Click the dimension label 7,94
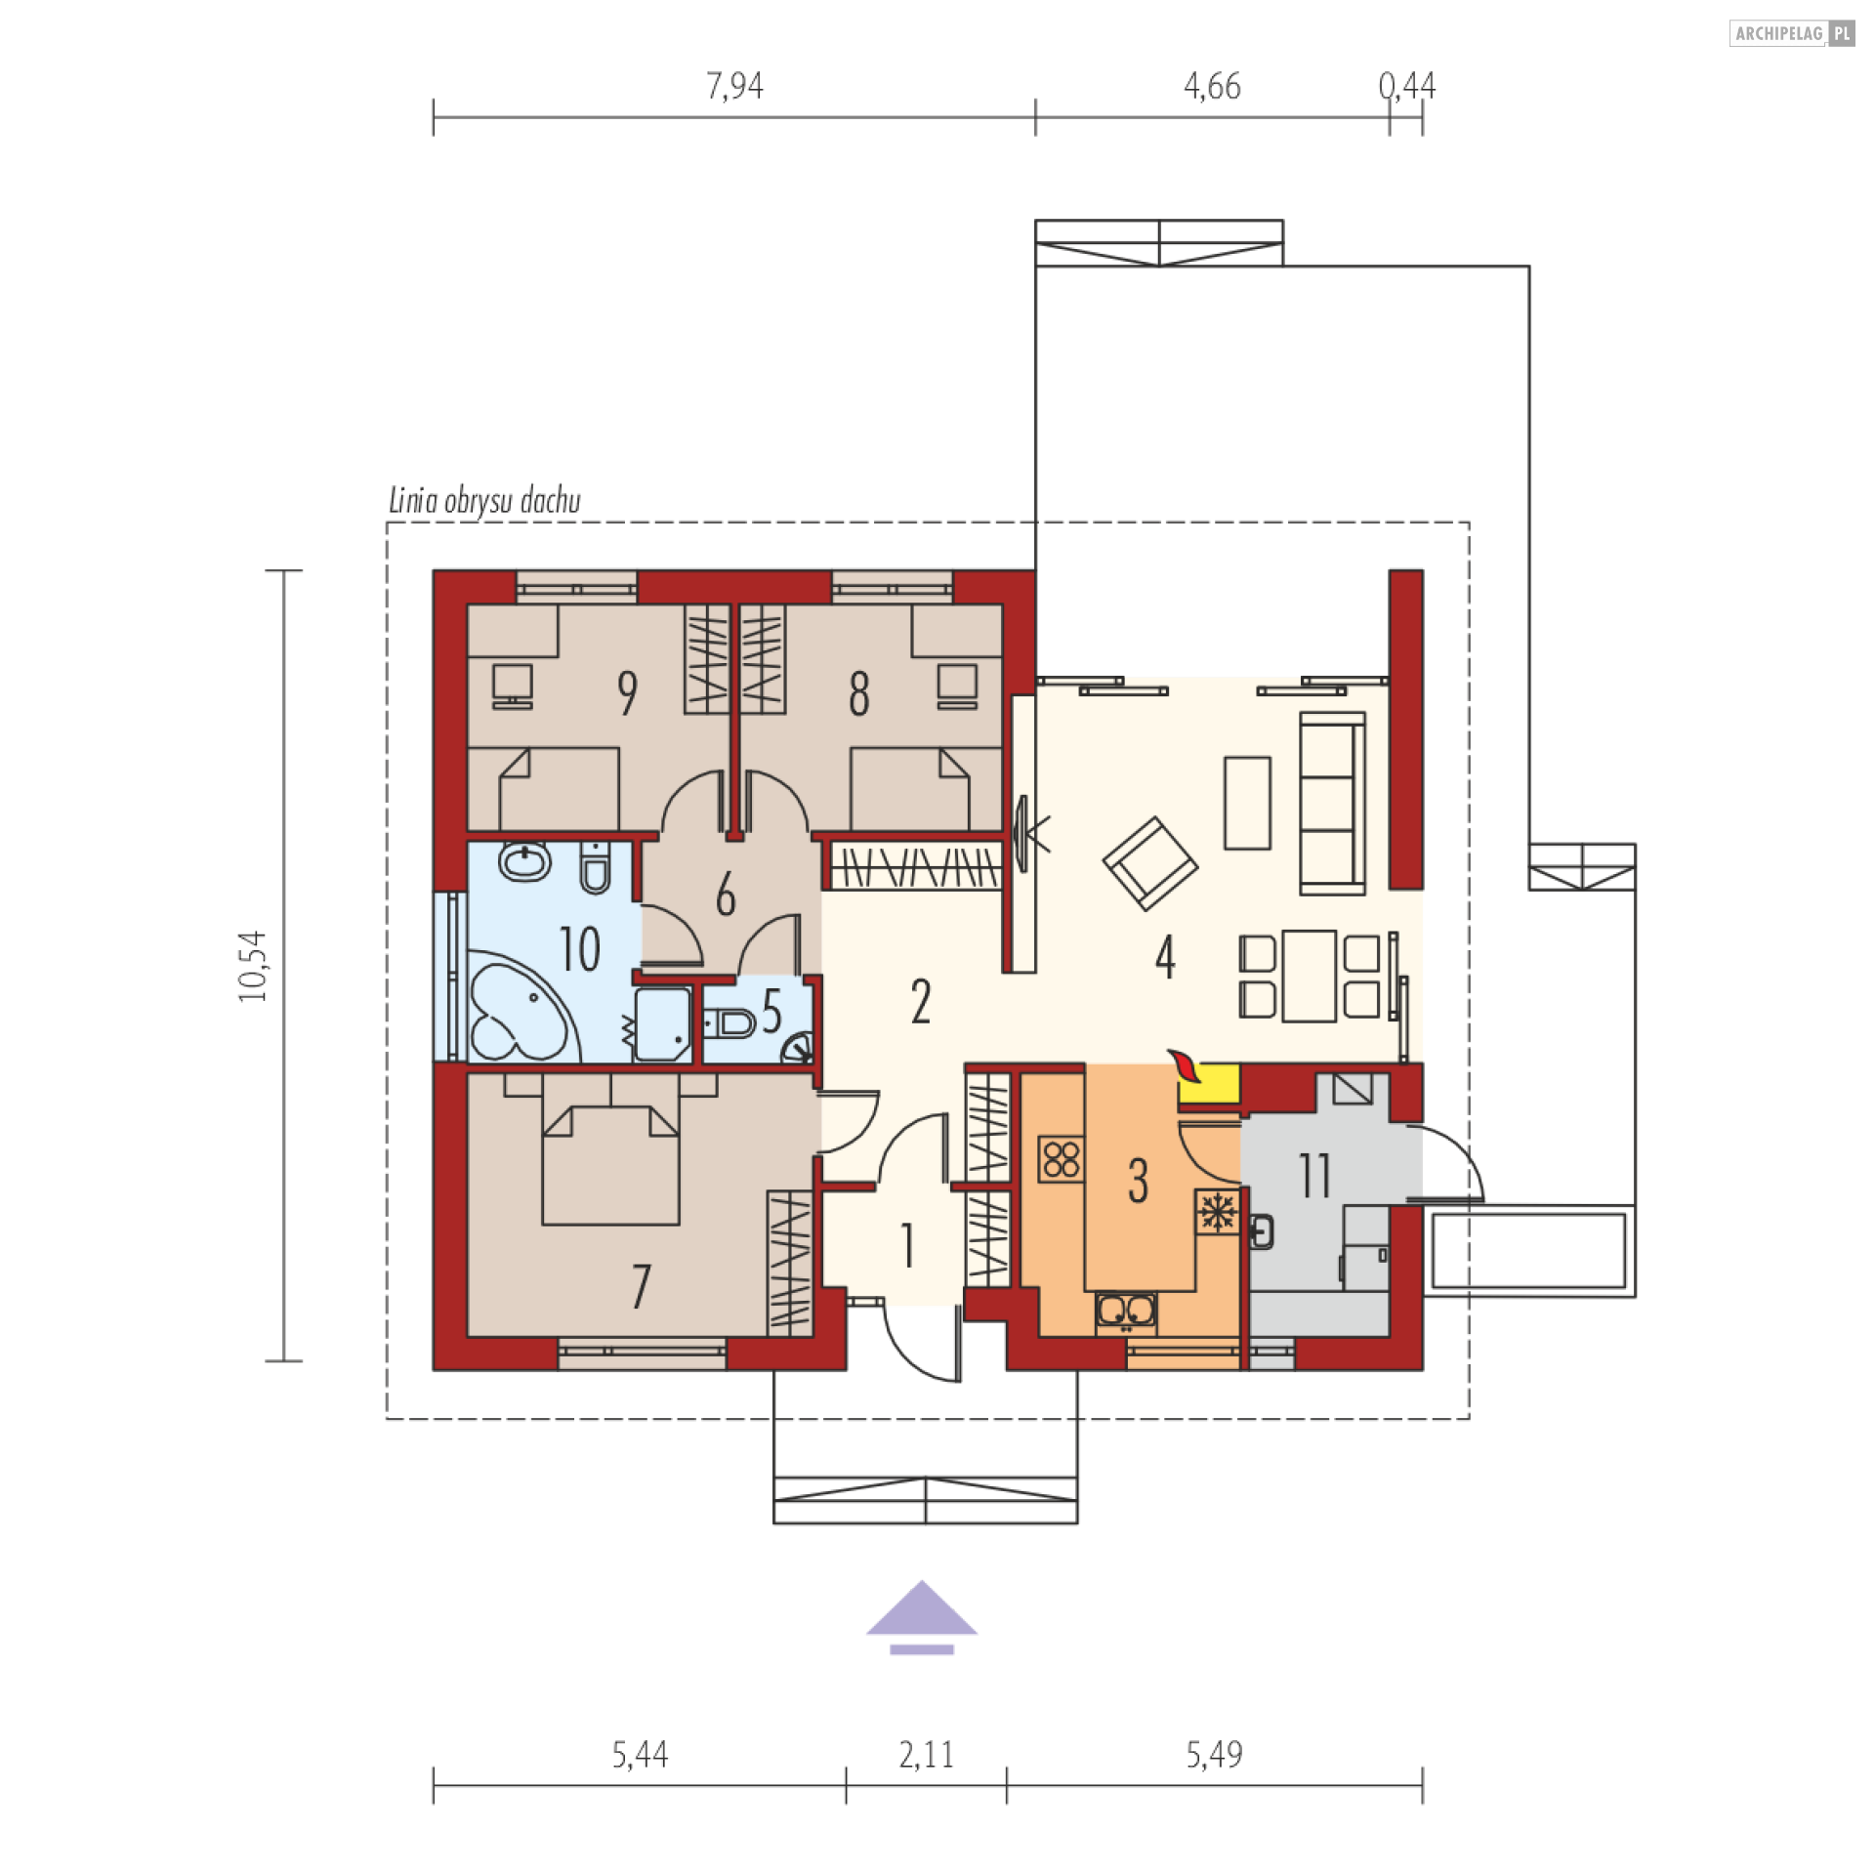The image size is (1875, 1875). tap(734, 86)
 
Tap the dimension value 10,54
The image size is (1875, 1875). tap(252, 966)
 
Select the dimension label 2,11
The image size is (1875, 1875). tap(926, 1755)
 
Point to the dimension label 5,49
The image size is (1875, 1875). tap(1214, 1755)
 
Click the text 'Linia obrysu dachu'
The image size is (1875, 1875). tap(484, 500)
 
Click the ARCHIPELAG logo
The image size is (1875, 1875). tap(1792, 33)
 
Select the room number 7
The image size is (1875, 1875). tap(641, 1286)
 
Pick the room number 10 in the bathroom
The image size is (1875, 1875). tap(579, 948)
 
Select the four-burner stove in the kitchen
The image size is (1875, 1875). tap(1061, 1159)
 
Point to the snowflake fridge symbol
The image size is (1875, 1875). tap(1218, 1212)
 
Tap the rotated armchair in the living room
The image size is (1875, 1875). tap(1150, 863)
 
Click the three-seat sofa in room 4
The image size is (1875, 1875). tap(1332, 804)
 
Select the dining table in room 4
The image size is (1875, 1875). tap(1310, 976)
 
